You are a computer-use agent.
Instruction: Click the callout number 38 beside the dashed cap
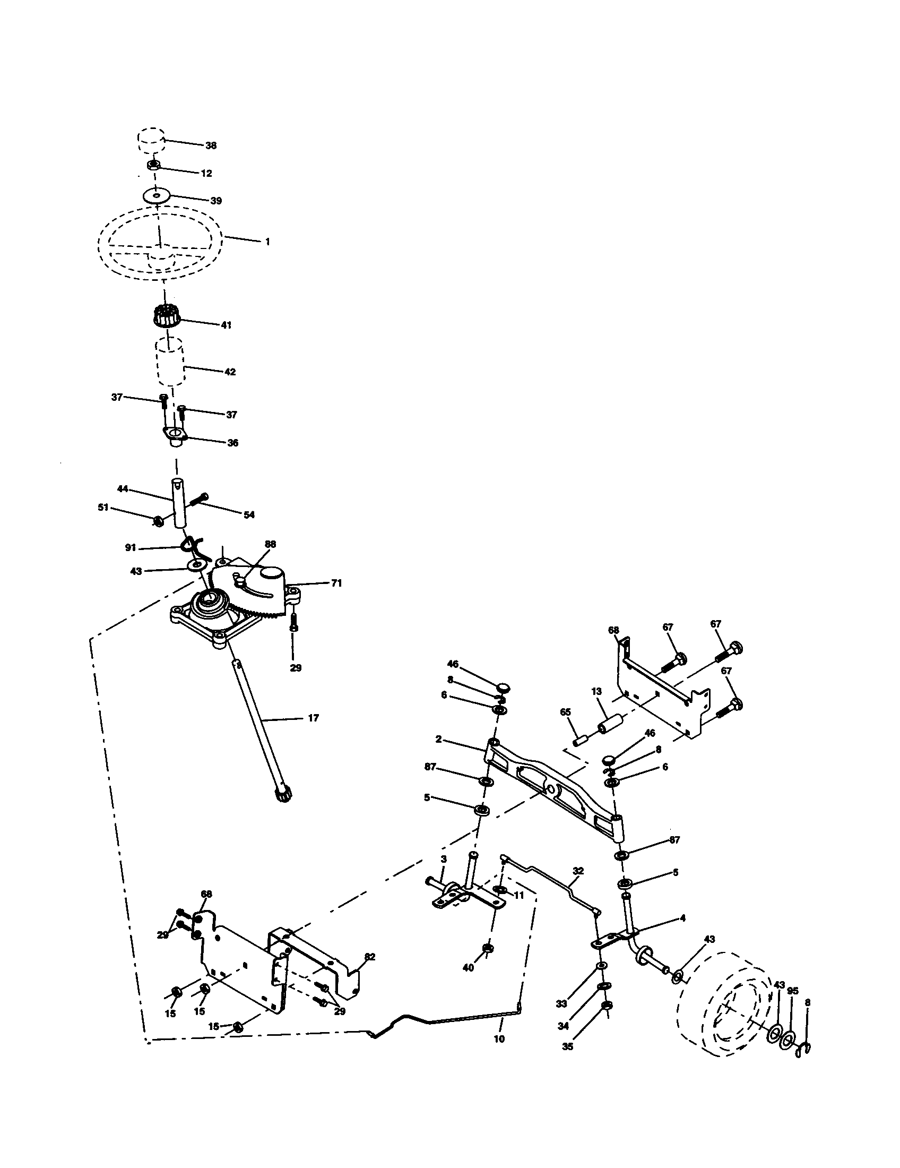click(211, 145)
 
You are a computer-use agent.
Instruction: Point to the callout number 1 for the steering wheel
click(267, 242)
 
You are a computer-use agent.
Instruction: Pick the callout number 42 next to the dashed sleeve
click(230, 372)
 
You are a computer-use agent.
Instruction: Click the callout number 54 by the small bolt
click(249, 515)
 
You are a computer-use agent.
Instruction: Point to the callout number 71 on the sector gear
click(335, 583)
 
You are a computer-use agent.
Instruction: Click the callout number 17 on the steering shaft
click(313, 718)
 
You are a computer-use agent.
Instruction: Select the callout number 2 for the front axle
click(438, 740)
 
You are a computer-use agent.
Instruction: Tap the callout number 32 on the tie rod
click(578, 871)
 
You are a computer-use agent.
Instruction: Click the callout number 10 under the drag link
click(499, 1039)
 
